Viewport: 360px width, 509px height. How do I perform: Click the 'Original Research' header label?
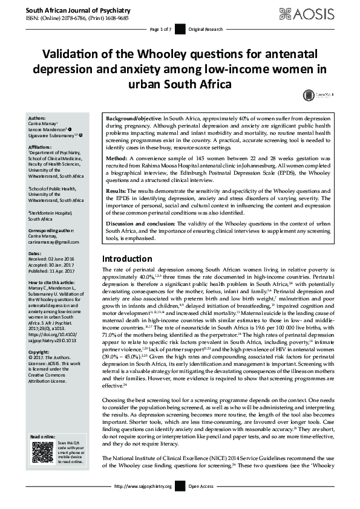point(206,29)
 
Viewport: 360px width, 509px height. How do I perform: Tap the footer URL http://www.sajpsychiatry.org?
point(148,485)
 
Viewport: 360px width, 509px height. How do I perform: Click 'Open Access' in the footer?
point(201,485)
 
